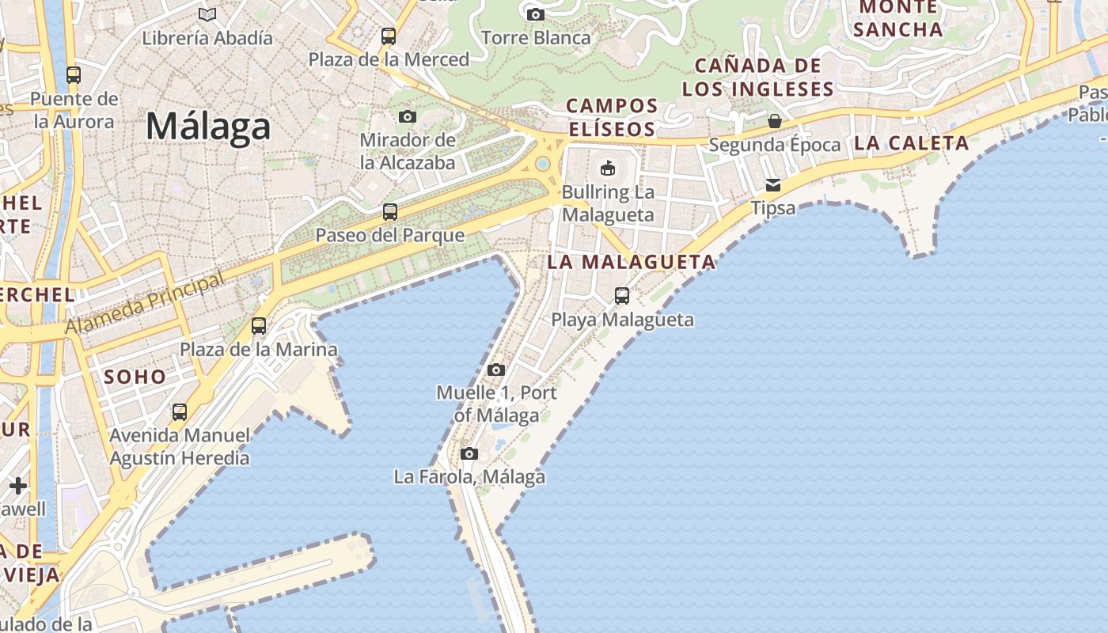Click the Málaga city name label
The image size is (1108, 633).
208,127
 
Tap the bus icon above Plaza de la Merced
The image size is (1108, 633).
388,36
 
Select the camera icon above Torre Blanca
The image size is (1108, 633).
536,14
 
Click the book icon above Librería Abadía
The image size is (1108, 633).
207,14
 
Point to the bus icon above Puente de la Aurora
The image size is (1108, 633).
74,75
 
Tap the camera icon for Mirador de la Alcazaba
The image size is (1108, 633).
408,117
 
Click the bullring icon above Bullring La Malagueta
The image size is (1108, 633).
608,168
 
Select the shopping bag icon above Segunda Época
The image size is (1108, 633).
775,121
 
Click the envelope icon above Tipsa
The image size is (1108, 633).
772,185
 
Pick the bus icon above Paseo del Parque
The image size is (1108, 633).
389,212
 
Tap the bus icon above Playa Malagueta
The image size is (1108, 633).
622,296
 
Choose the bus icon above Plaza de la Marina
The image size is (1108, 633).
258,326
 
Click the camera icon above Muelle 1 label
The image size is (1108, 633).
496,370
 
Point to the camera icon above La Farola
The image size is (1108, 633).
469,454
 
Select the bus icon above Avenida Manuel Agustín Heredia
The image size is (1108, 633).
180,412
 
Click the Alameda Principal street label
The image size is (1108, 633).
146,305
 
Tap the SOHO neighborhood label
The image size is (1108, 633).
135,377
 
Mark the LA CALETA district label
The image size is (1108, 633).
912,143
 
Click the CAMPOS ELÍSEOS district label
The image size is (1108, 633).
612,117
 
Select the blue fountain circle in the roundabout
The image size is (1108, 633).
543,164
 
